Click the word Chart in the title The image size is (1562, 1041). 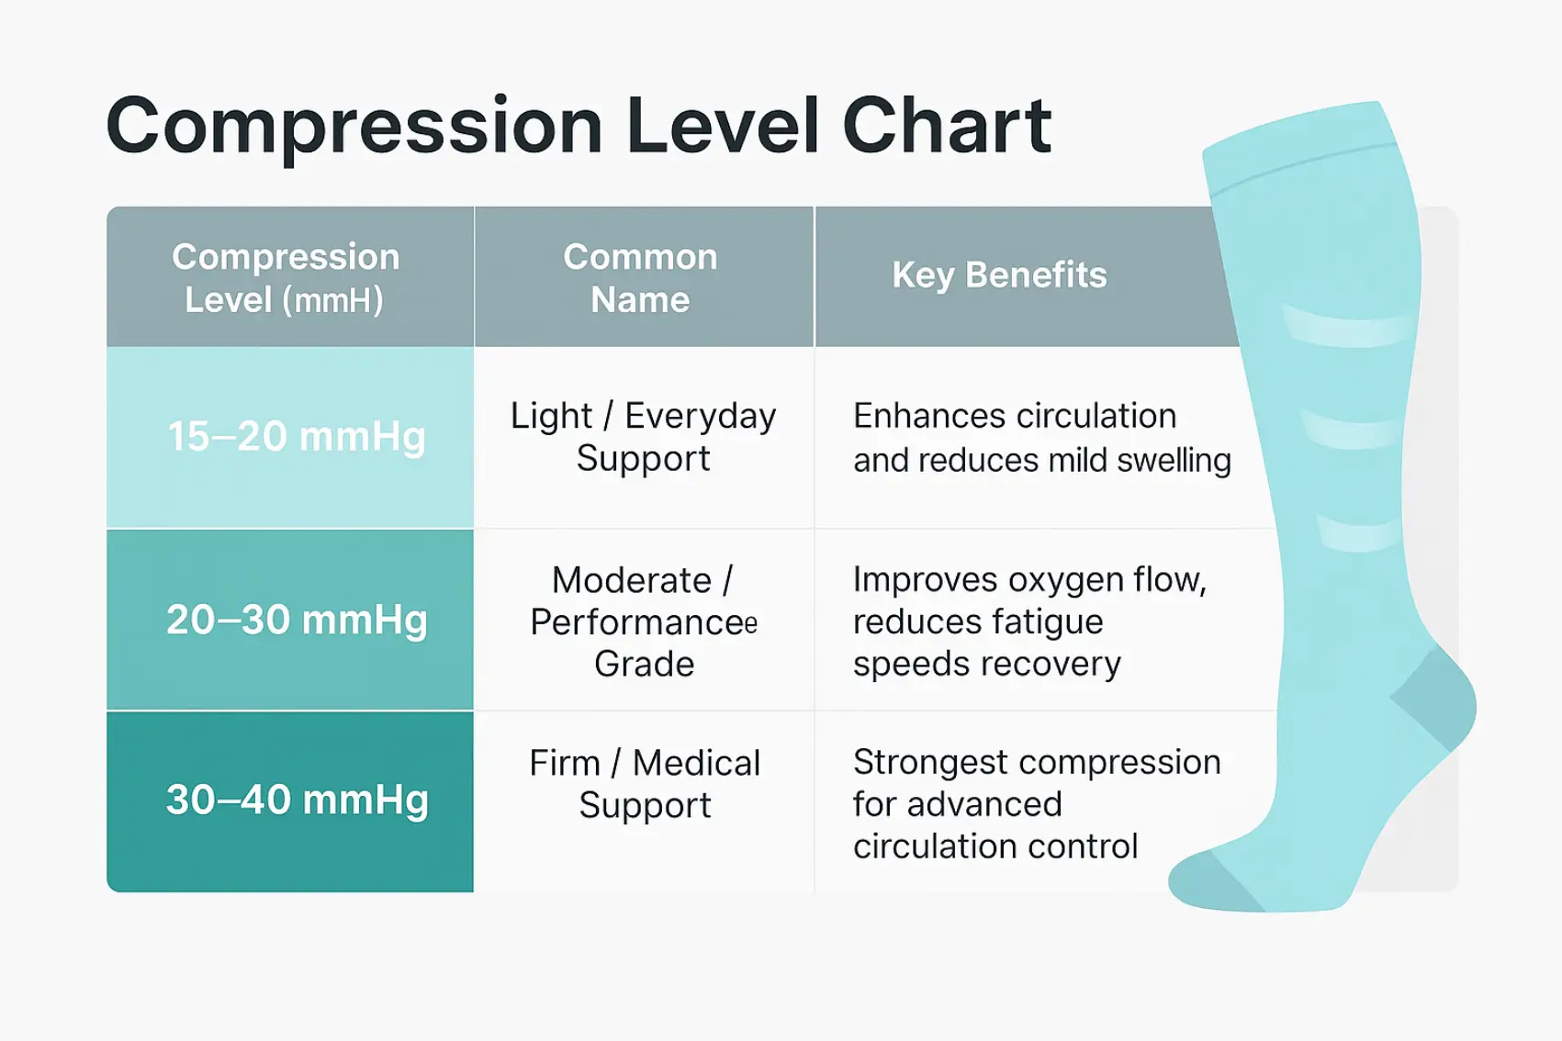click(x=946, y=126)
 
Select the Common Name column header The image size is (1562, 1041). click(x=641, y=278)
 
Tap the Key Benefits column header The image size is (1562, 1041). click(x=999, y=274)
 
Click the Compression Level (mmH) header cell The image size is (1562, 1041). click(x=287, y=278)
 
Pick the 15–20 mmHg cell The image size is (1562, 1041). click(x=296, y=436)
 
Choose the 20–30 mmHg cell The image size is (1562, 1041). click(x=296, y=620)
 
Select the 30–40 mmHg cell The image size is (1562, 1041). click(x=296, y=800)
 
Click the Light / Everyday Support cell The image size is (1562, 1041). click(x=643, y=437)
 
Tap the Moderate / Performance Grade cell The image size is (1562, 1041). click(x=643, y=621)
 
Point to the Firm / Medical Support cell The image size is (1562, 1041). click(x=645, y=783)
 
